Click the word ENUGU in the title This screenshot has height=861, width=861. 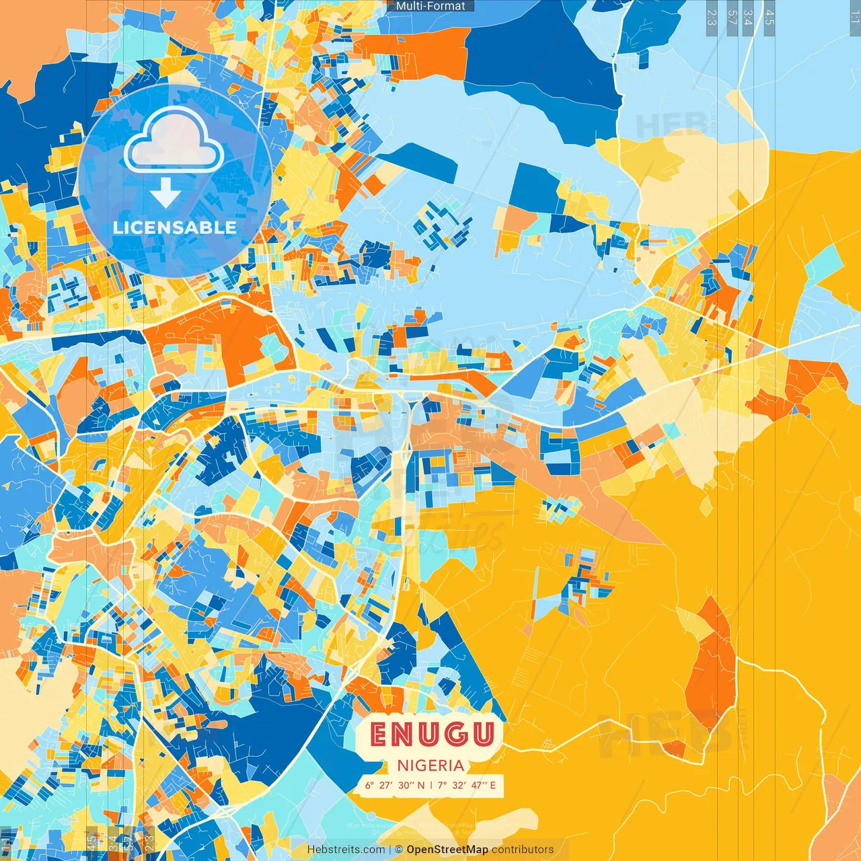[x=432, y=735]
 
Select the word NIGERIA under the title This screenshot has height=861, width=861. [x=430, y=765]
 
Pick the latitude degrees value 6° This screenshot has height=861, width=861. [x=369, y=785]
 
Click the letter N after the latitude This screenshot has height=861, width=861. [x=421, y=785]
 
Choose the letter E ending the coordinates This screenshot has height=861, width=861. [x=492, y=785]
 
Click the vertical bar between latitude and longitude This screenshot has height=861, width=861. [x=431, y=785]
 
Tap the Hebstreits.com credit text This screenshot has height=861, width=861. [x=346, y=850]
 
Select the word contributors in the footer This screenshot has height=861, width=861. [x=523, y=850]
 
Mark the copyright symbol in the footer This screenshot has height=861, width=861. [x=398, y=850]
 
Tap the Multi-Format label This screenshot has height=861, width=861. [x=430, y=6]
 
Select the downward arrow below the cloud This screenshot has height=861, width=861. [x=165, y=193]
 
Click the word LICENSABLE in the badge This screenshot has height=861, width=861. [x=175, y=227]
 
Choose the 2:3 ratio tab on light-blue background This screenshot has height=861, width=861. [x=711, y=17]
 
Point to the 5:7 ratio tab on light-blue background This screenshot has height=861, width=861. [x=732, y=17]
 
